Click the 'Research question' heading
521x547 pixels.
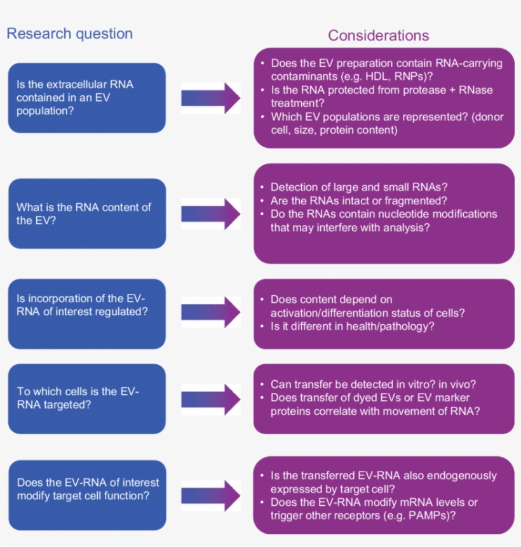click(x=69, y=34)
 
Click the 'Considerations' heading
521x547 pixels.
click(x=378, y=36)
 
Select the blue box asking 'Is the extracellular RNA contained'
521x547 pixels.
click(x=87, y=97)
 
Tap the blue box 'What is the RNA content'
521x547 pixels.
click(x=87, y=214)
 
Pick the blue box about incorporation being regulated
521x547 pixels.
click(x=87, y=313)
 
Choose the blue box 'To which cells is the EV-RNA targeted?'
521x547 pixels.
click(x=87, y=399)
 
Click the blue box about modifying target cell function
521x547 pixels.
click(x=87, y=489)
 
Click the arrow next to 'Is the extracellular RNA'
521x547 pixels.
click(x=210, y=98)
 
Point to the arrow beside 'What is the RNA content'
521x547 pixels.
click(x=210, y=214)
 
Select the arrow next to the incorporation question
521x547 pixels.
click(x=210, y=312)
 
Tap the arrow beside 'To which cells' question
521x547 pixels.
click(x=210, y=399)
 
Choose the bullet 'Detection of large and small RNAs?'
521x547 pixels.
click(x=359, y=187)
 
